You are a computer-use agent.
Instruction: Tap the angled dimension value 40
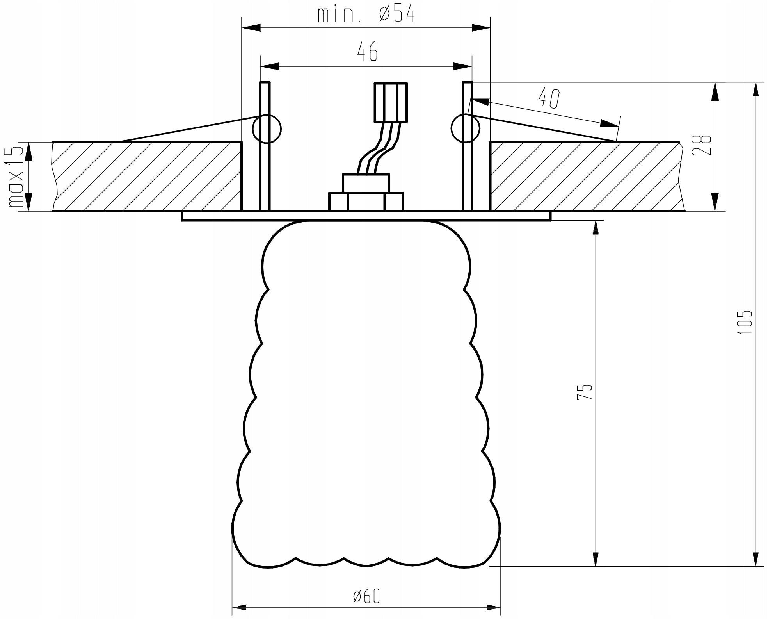549,98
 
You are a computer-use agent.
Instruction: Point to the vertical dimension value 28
701,145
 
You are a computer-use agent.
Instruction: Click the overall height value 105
744,322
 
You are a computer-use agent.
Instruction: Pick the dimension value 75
584,391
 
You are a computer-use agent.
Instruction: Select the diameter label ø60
366,596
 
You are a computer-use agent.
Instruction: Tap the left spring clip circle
267,128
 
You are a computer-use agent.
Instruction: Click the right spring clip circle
465,128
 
